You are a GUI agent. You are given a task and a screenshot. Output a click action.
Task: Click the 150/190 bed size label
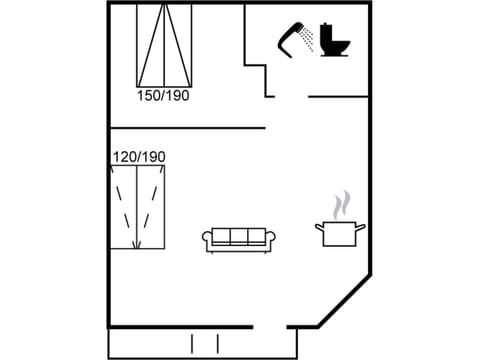[163, 96]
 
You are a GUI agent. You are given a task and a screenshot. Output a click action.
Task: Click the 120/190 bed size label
[139, 157]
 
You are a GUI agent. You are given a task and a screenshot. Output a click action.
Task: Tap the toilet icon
[334, 41]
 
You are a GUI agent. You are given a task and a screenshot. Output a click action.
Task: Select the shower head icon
[293, 37]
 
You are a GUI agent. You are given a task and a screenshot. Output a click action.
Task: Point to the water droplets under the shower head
[308, 41]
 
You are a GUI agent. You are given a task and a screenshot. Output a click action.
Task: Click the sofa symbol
[239, 239]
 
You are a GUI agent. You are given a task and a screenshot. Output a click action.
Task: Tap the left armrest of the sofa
[208, 239]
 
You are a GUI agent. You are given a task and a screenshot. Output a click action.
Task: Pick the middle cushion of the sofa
[239, 237]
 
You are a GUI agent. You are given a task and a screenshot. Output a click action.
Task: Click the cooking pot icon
[340, 234]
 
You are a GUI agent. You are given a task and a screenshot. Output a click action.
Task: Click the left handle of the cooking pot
[319, 227]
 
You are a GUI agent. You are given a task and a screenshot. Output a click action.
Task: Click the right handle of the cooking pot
[361, 227]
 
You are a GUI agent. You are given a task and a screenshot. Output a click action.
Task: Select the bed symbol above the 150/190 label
[164, 45]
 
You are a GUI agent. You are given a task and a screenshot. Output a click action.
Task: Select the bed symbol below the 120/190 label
[138, 207]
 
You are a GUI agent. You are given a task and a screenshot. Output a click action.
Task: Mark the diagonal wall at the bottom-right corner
[345, 300]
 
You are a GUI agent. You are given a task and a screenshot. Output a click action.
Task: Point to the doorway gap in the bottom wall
[269, 327]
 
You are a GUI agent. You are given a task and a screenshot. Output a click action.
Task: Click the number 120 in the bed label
[125, 157]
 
